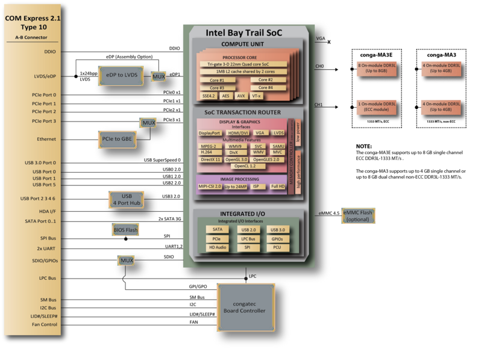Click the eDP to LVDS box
tap(121, 74)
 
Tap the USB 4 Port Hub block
tap(127, 200)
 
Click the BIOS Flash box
tap(125, 230)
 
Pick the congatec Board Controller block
tap(245, 307)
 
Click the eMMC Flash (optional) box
tap(358, 215)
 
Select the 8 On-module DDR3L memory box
tap(377, 68)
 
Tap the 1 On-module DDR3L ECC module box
tap(377, 106)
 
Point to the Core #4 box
tap(265, 87)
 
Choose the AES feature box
tap(225, 96)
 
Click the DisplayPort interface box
tap(210, 133)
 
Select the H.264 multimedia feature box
tap(206, 152)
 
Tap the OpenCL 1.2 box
tap(245, 165)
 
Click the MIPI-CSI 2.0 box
tap(210, 187)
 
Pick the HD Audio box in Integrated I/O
tap(217, 247)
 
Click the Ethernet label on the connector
tap(46, 139)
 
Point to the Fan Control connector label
tap(45, 324)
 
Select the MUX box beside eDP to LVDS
tap(158, 76)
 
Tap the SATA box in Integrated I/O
tap(217, 229)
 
